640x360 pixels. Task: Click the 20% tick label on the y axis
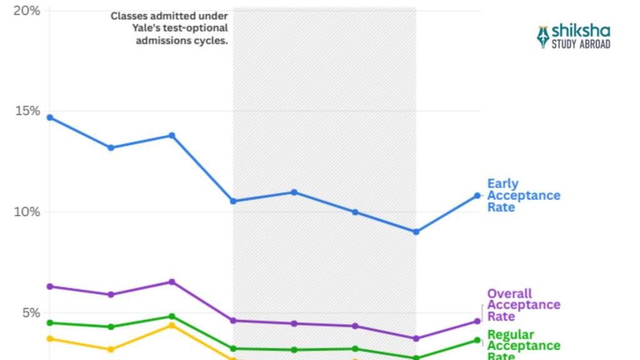point(27,11)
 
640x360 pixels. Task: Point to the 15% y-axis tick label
point(27,111)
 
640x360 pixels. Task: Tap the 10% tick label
point(27,211)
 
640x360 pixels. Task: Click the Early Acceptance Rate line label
point(523,196)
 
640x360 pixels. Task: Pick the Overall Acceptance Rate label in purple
point(523,305)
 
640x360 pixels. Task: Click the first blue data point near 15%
point(50,117)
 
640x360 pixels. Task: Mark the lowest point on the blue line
point(416,232)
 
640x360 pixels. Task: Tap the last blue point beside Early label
point(477,196)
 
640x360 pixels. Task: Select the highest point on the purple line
point(172,282)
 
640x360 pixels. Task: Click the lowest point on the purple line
point(416,339)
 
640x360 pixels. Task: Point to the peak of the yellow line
point(172,325)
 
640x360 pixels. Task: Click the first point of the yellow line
point(50,339)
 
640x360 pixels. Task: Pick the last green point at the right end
point(477,340)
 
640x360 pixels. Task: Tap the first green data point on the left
point(50,322)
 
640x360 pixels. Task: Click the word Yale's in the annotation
point(126,28)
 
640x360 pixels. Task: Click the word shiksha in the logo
point(581,32)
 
